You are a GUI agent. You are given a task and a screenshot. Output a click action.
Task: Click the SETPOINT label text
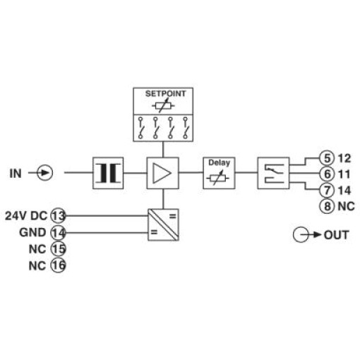click(x=165, y=94)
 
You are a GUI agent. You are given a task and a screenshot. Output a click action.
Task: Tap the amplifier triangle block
click(x=162, y=173)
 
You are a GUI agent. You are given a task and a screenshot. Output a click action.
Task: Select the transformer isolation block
click(x=108, y=173)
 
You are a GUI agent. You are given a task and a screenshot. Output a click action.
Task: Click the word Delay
click(x=219, y=162)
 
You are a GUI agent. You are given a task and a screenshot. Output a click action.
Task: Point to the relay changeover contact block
click(x=273, y=173)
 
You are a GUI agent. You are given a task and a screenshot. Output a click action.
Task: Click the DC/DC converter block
click(x=163, y=224)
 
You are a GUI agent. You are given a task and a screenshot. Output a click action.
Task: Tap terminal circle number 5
click(x=327, y=158)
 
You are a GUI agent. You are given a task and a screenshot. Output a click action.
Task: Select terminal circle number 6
click(x=327, y=174)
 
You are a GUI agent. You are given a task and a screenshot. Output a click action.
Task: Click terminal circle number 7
click(x=327, y=190)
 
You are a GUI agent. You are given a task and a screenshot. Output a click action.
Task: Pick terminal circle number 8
click(x=327, y=206)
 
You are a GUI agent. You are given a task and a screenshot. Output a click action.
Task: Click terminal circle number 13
click(x=59, y=215)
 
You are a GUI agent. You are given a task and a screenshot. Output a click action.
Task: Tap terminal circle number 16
click(x=59, y=265)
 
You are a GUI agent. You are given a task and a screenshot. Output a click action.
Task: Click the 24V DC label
click(x=26, y=216)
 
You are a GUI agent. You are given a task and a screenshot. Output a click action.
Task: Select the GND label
click(x=32, y=232)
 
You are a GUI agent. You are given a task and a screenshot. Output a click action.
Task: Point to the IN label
click(x=16, y=174)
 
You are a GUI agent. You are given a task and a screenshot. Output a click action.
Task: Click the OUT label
click(x=337, y=235)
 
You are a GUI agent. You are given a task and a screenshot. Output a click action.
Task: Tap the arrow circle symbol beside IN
click(x=45, y=173)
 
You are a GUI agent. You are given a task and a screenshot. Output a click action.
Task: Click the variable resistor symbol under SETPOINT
click(x=163, y=106)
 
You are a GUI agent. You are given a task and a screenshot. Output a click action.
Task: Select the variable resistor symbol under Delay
click(x=218, y=178)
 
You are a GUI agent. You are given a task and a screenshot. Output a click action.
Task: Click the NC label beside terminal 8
click(x=346, y=206)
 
